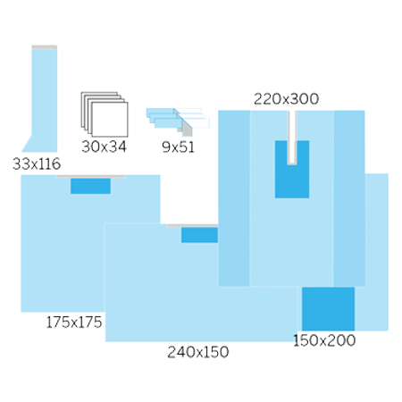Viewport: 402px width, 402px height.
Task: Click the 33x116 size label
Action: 37,163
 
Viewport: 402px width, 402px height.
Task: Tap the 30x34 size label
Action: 104,147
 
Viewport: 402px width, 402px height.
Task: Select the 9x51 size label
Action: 178,147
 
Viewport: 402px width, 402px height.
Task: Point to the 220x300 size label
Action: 286,99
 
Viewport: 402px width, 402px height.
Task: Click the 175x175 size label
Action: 74,322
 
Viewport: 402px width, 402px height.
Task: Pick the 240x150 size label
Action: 198,352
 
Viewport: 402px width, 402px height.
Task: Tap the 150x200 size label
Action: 324,340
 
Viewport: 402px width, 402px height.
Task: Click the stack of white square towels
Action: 105,114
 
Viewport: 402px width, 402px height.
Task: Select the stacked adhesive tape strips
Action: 178,121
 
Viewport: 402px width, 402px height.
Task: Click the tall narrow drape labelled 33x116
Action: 44,101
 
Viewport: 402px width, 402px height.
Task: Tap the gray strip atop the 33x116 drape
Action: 45,47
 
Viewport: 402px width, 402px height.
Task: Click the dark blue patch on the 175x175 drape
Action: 90,186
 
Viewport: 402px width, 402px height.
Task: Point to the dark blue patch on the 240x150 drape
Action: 199,235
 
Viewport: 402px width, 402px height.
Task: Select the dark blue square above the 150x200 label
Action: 328,309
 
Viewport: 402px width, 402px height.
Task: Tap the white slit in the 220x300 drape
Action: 292,137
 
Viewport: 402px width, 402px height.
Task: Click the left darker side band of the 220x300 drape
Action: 234,198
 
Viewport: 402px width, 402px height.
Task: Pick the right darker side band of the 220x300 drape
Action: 349,198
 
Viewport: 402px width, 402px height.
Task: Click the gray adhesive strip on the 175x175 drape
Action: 90,177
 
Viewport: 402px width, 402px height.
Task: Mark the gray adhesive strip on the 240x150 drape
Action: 192,226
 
